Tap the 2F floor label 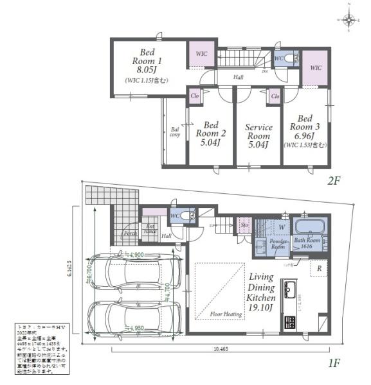point(333,182)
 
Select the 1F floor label point(333,363)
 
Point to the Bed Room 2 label point(210,133)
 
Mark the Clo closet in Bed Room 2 point(195,96)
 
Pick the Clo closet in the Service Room point(275,96)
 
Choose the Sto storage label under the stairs point(244,225)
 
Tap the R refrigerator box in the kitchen point(318,268)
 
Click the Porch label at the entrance point(131,234)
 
